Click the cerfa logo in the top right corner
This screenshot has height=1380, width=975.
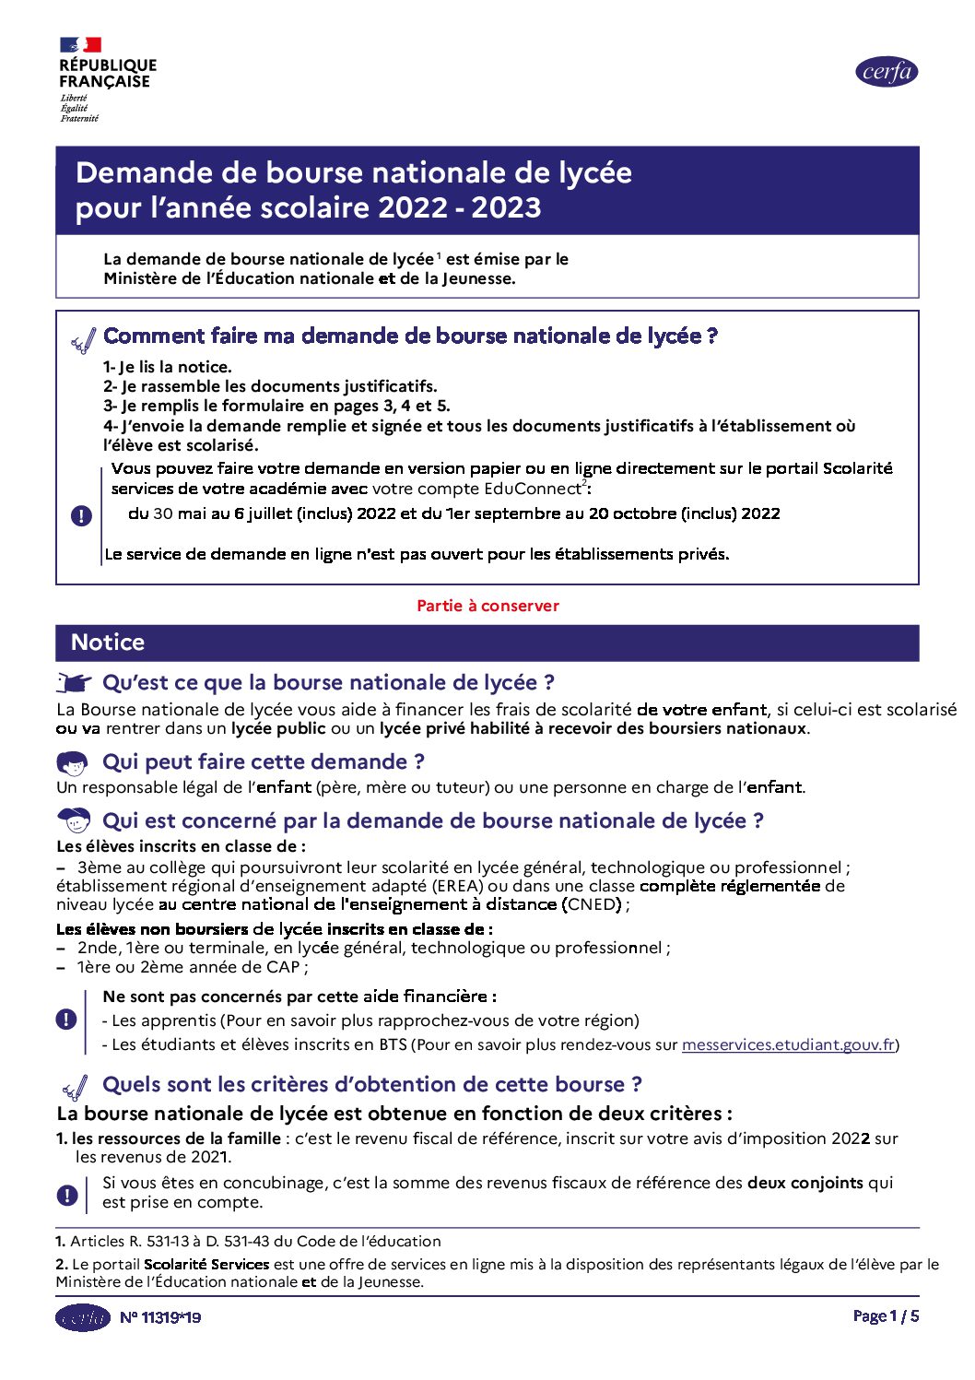[x=887, y=72]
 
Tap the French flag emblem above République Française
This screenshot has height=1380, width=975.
[x=80, y=44]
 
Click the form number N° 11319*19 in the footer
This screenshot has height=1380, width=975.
[x=160, y=1317]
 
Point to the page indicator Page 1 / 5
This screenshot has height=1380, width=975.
[x=886, y=1316]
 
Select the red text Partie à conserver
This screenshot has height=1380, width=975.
[x=487, y=606]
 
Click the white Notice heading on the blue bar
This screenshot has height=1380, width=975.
[x=108, y=643]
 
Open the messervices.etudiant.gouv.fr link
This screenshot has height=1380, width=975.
[x=788, y=1044]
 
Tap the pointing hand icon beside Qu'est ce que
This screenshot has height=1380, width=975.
[x=74, y=683]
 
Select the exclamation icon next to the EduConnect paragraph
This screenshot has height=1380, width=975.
[x=81, y=515]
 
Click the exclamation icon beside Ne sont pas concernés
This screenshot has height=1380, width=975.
[x=66, y=1020]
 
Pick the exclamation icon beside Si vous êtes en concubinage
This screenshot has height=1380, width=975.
[x=67, y=1195]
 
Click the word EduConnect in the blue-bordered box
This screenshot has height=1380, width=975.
[x=532, y=489]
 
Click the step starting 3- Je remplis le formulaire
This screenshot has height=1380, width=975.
[x=276, y=406]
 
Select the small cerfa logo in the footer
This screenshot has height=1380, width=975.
[x=83, y=1317]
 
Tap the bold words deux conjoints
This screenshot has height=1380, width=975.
[x=805, y=1183]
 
